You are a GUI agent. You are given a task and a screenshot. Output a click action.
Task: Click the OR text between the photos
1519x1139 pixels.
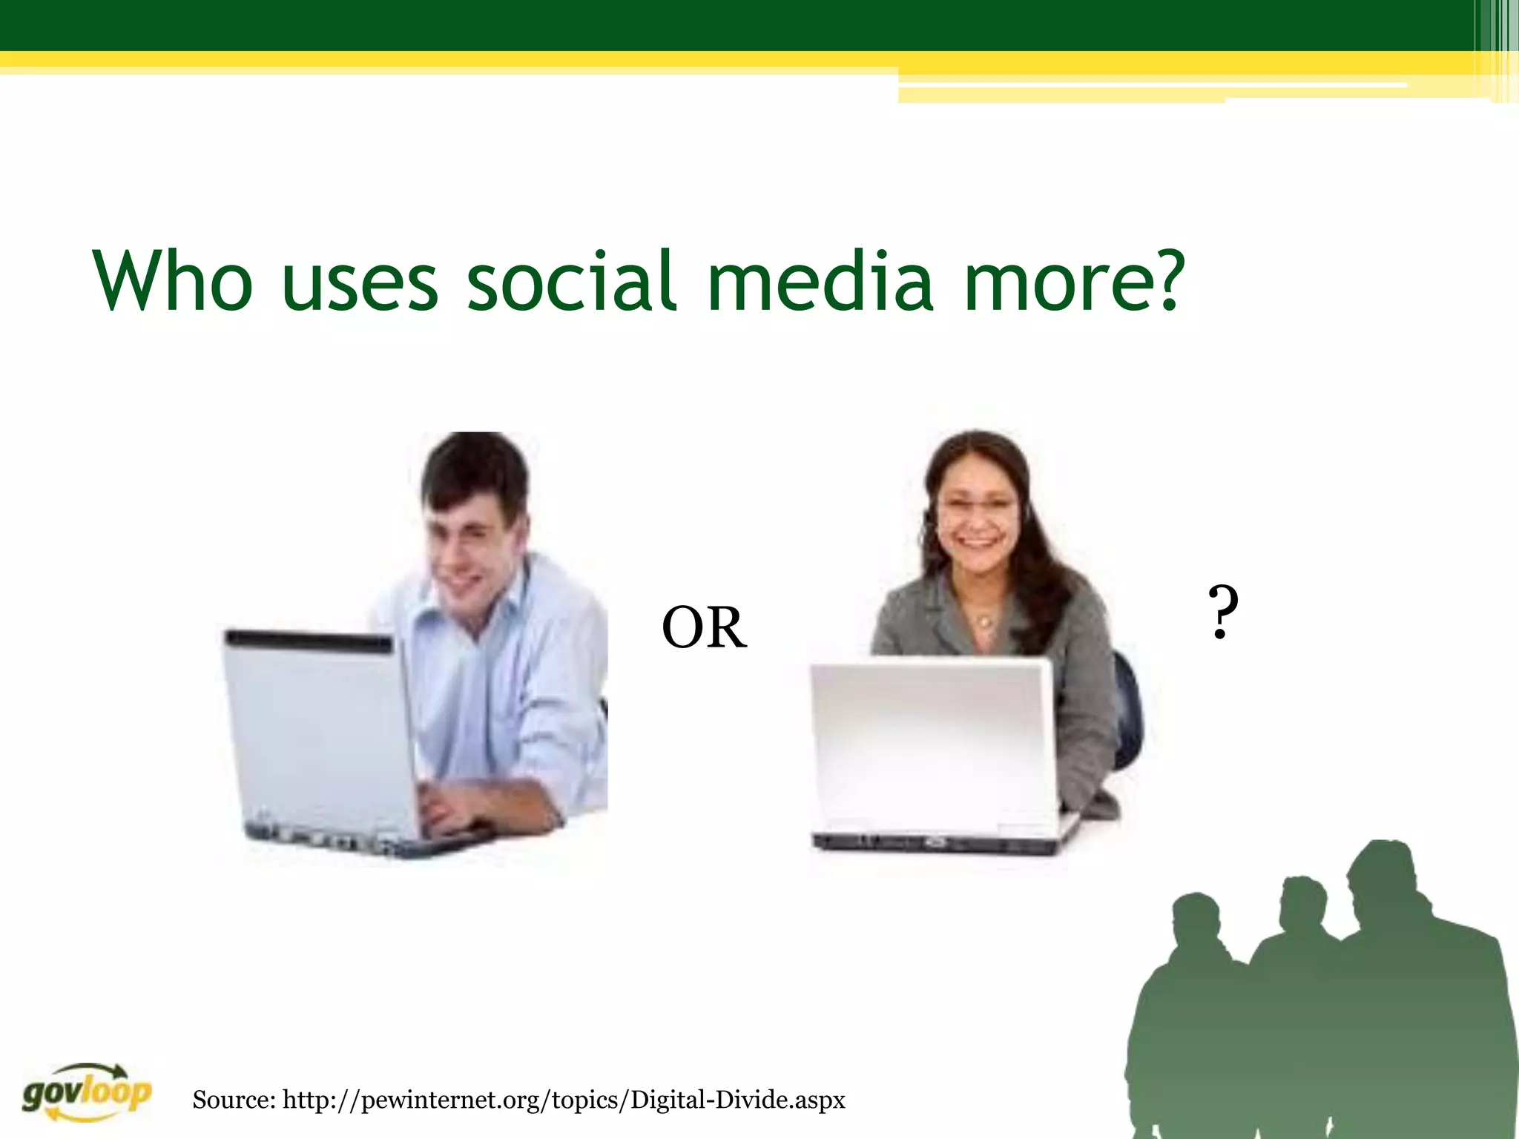pos(704,628)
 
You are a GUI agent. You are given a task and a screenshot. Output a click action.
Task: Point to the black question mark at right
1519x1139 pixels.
pos(1222,613)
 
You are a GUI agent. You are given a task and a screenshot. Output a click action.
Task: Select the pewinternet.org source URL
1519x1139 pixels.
pos(564,1099)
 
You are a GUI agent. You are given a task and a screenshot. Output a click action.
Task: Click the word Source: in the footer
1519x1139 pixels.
pos(234,1099)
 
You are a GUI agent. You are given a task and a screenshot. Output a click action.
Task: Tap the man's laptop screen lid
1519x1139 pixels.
pos(319,734)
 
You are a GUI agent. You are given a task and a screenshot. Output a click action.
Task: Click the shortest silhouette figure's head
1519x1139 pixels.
pos(1196,920)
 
